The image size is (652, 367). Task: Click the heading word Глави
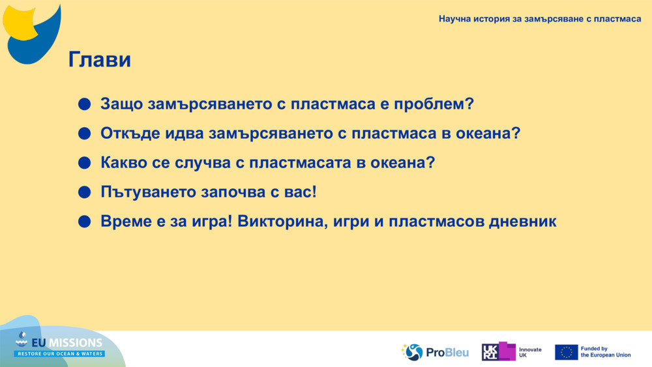pos(100,60)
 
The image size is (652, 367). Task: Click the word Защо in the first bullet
pos(121,104)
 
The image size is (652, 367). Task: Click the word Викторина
pos(282,222)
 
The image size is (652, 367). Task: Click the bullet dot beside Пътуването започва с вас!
pos(83,192)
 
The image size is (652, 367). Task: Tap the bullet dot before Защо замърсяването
pos(83,104)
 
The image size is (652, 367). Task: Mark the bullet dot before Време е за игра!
pos(83,222)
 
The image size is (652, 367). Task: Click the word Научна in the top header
pos(456,19)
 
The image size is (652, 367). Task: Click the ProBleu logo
pos(435,352)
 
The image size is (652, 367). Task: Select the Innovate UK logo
pos(512,352)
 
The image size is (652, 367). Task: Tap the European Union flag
pos(566,352)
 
